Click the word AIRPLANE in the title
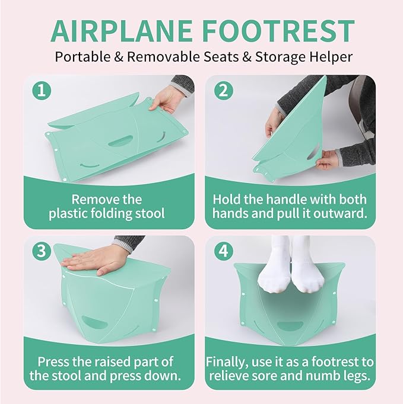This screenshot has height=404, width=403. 124,31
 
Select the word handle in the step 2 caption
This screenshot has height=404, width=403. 278,199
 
